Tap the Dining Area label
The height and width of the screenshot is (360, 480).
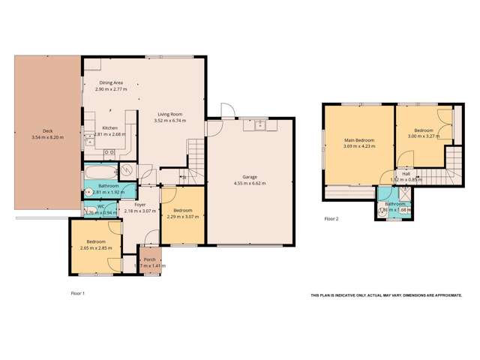110,83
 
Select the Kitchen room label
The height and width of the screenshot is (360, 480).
109,128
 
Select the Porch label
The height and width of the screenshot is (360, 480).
149,259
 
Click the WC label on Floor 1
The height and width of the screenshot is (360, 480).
100,207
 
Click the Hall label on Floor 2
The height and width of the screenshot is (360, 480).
406,174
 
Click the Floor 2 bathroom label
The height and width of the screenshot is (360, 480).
395,203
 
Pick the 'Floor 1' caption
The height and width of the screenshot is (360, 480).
77,293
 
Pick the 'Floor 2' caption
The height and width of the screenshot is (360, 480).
331,219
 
